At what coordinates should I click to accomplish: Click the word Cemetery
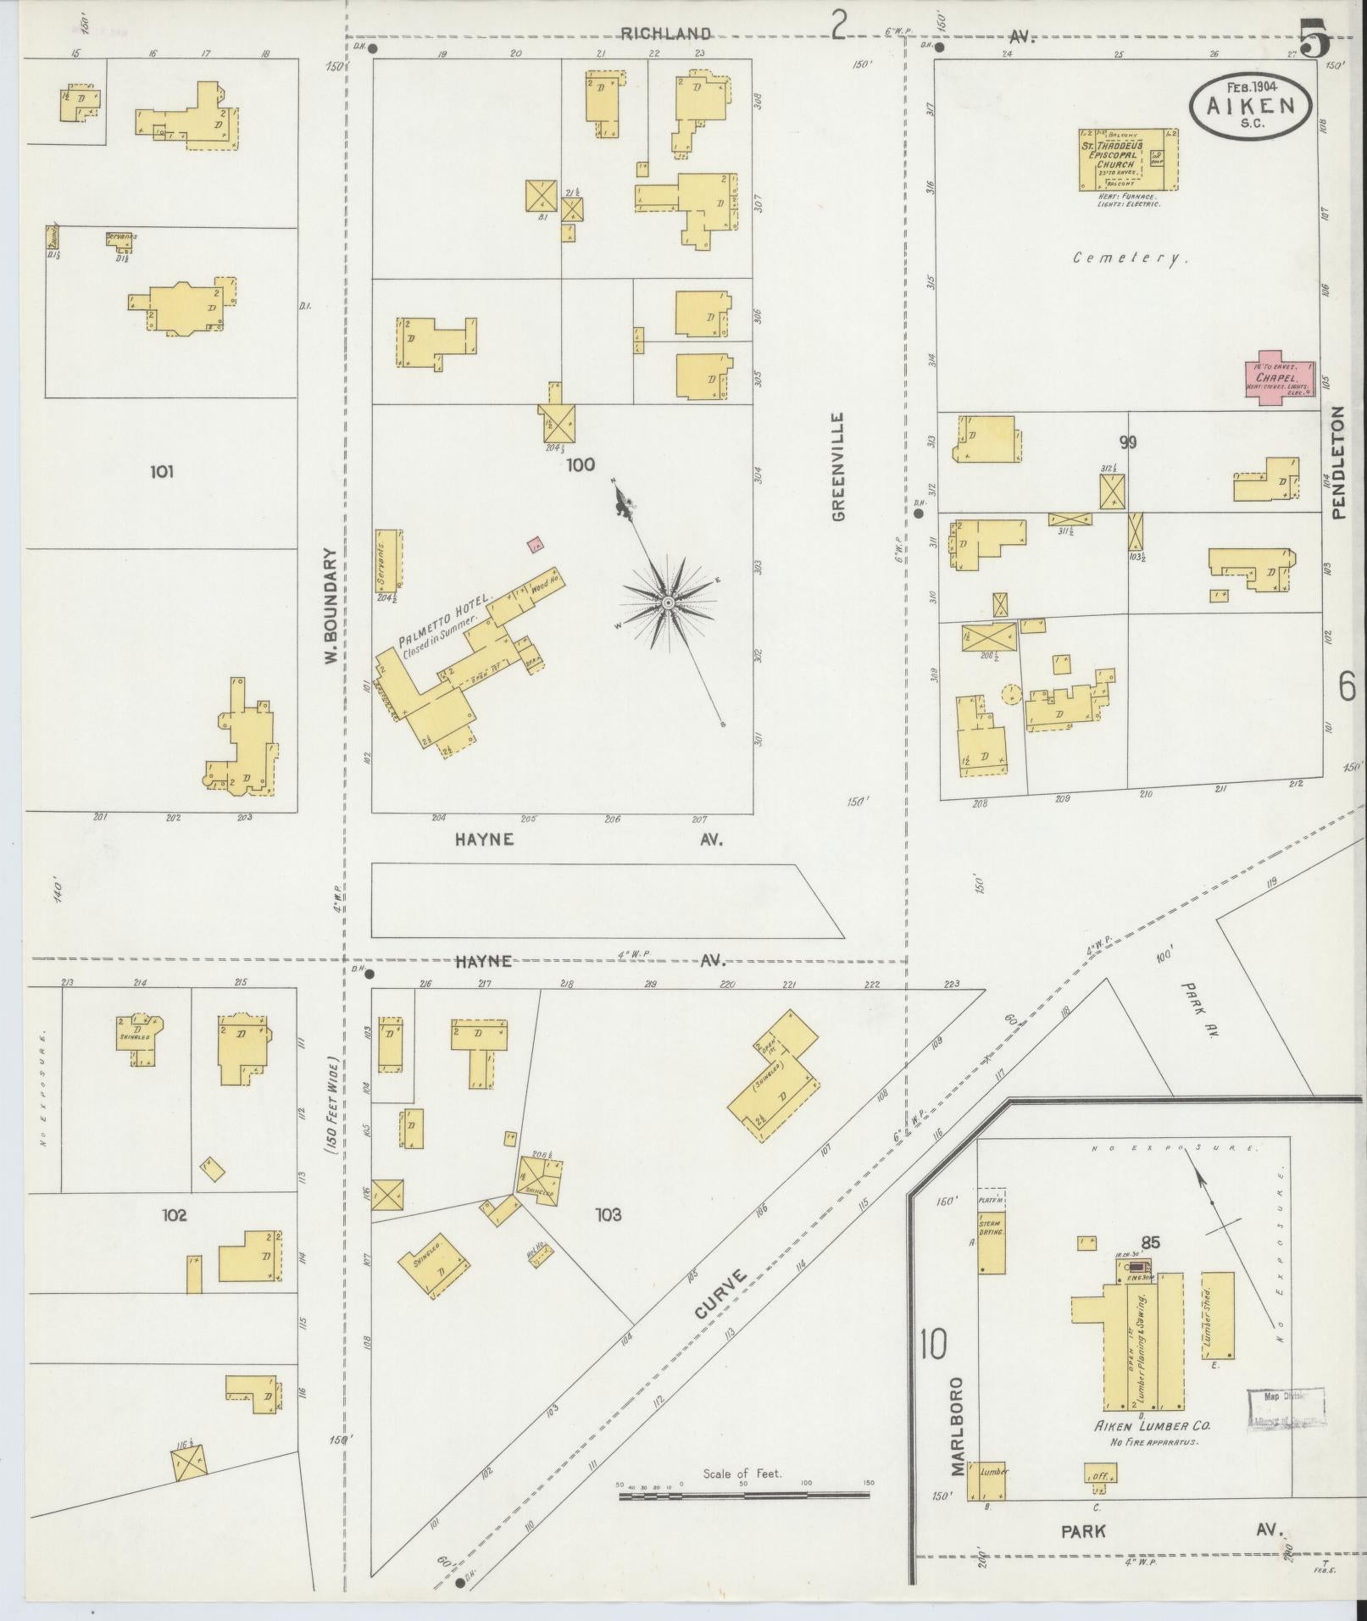pos(1130,258)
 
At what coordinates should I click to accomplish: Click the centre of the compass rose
pos(668,602)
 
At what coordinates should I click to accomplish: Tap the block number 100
pos(581,464)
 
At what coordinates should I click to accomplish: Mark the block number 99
pos(1127,442)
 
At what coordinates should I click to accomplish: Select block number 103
pos(608,1215)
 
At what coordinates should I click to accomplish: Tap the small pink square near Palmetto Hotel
pos(535,545)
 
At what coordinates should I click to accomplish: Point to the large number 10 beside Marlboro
pos(932,1344)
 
